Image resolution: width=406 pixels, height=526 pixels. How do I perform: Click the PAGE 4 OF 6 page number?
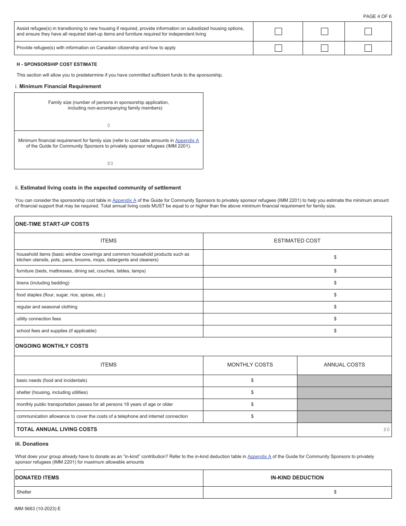[x=377, y=16]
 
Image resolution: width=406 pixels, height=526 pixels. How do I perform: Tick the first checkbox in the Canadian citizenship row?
[x=278, y=48]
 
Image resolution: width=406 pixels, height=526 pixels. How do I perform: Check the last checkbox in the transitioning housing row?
[x=368, y=31]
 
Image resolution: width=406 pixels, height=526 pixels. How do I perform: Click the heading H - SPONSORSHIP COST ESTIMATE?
[x=57, y=64]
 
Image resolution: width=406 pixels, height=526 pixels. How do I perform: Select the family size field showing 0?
[x=109, y=125]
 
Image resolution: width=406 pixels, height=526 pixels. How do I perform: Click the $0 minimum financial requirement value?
[x=110, y=163]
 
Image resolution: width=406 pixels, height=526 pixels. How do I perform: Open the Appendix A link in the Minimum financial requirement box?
[x=187, y=140]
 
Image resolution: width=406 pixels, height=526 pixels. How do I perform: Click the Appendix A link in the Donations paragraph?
[x=259, y=456]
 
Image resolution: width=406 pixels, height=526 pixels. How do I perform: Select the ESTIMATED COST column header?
[x=297, y=241]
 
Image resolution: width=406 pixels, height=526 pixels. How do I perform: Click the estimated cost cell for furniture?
[x=297, y=271]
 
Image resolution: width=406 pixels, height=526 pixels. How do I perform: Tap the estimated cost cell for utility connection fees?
[x=297, y=319]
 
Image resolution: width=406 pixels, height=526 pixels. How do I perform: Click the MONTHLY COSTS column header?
[x=250, y=365]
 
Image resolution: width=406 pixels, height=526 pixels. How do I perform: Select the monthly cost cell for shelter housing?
[x=250, y=393]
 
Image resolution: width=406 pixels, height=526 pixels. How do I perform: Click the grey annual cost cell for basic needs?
[x=344, y=381]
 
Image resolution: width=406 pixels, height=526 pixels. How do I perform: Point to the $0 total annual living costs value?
[x=386, y=429]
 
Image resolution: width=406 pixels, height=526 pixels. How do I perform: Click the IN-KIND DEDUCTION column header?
[x=297, y=478]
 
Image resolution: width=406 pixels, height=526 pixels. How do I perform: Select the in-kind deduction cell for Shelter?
[x=297, y=492]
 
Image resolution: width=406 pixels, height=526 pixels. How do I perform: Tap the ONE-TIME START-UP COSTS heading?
[x=52, y=224]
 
